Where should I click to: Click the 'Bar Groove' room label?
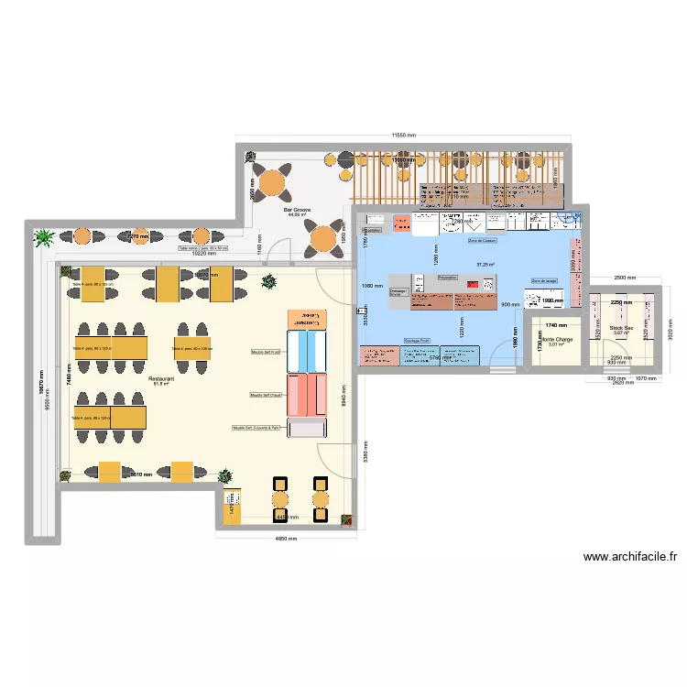point(298,210)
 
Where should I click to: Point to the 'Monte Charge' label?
point(557,339)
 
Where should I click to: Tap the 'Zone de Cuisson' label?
point(481,241)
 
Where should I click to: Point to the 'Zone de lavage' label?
point(544,281)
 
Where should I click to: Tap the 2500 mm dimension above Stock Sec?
point(624,277)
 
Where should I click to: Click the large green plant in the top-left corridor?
point(43,238)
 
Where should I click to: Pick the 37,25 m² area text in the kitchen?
point(485,265)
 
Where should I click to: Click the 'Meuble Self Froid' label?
point(267,351)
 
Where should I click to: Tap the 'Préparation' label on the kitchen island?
point(447,277)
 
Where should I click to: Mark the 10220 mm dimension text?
point(205,254)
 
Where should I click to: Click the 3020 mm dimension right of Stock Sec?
point(670,328)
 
